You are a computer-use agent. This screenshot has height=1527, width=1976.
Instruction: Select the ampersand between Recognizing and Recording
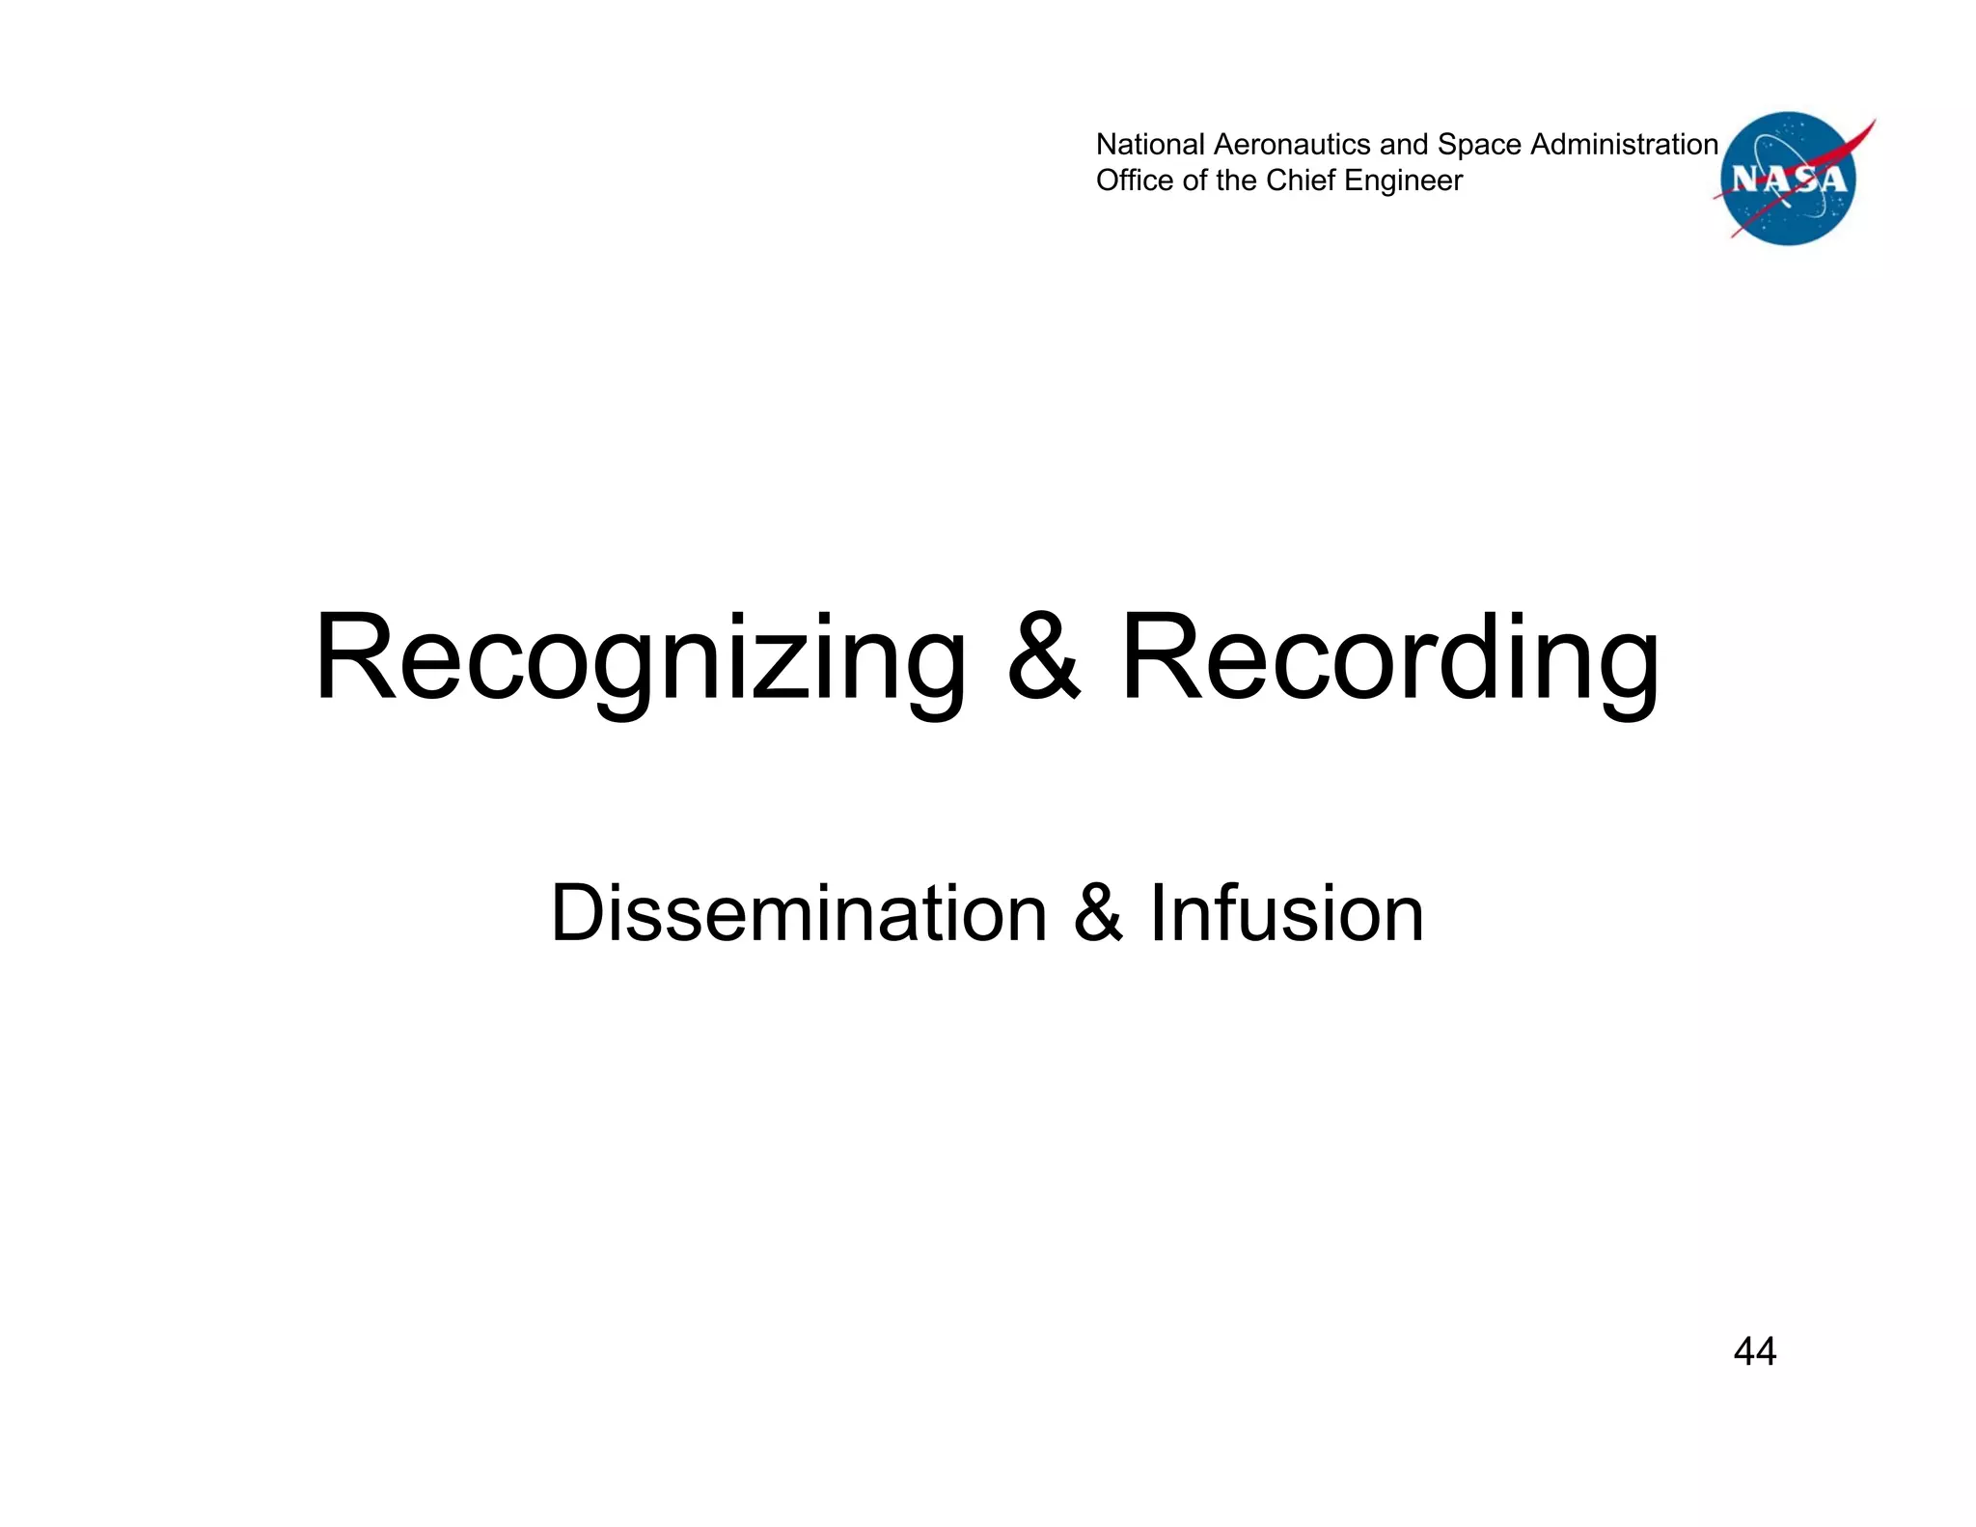pyautogui.click(x=1043, y=656)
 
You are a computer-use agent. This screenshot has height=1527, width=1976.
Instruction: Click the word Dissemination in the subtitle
pyautogui.click(x=798, y=913)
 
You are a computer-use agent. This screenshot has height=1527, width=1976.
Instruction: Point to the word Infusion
pyautogui.click(x=1286, y=913)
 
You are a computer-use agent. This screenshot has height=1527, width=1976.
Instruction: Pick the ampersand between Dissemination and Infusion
pyautogui.click(x=1098, y=913)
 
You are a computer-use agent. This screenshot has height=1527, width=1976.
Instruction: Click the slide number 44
pyautogui.click(x=1754, y=1351)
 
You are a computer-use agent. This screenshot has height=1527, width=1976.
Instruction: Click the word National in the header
pyautogui.click(x=1150, y=145)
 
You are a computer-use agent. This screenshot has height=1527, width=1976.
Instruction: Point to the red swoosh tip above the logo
pyautogui.click(x=1870, y=125)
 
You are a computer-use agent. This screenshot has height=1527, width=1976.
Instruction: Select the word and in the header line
pyautogui.click(x=1404, y=145)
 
